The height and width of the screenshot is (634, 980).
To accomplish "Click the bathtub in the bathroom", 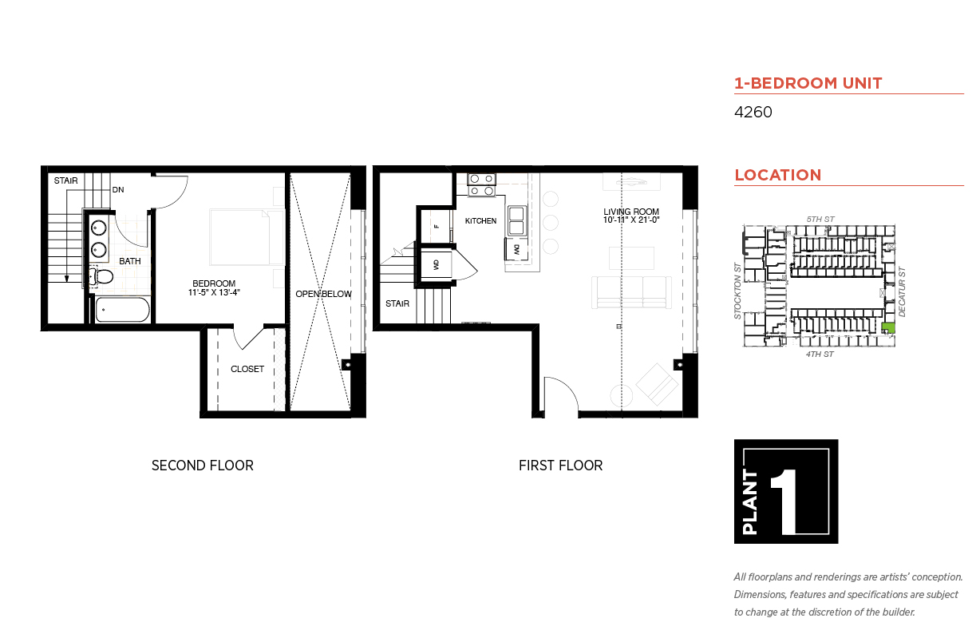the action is point(123,310).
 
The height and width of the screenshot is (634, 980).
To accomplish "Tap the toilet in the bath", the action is point(101,277).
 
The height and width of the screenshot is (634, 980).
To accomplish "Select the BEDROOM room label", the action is point(214,283).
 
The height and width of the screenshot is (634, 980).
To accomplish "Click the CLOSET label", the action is point(247,369).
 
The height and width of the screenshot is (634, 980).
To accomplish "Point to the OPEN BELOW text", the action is point(323,294).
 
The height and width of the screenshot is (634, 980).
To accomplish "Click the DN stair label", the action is point(118,190).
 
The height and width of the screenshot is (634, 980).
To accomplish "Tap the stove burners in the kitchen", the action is point(482,184).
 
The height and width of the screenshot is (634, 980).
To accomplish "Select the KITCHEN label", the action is point(480,221).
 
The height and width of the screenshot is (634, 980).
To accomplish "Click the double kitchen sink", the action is point(516,221).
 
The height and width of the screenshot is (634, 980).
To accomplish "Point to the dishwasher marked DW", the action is point(516,250).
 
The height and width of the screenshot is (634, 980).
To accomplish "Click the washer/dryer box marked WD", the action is point(436,265).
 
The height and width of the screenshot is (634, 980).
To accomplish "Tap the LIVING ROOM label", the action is point(631,212).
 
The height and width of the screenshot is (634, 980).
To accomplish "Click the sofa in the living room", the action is point(631,292).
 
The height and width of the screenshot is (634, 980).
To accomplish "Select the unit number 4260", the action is point(753,112).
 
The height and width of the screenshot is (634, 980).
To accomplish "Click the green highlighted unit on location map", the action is point(887,327).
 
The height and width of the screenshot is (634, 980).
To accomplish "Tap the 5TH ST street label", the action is point(820,219).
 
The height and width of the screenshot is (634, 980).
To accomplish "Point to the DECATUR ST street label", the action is point(902,291).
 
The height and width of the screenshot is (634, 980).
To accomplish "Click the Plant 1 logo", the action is point(786,491).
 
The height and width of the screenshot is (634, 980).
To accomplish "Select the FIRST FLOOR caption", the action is point(560,465).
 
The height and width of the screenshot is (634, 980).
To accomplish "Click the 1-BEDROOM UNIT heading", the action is point(808,83).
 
